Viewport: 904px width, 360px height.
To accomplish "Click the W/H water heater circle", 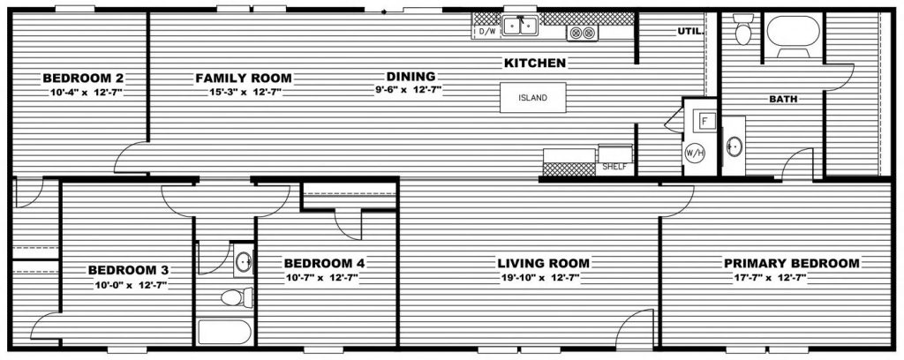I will (x=693, y=151).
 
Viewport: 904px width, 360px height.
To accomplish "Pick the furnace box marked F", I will (x=705, y=121).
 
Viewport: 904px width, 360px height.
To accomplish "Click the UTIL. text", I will (x=689, y=32).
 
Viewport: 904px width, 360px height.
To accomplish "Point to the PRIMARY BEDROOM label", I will (x=791, y=264).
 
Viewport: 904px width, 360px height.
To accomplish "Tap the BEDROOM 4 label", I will (x=324, y=264).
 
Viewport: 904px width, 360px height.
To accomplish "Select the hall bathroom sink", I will (x=244, y=262).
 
